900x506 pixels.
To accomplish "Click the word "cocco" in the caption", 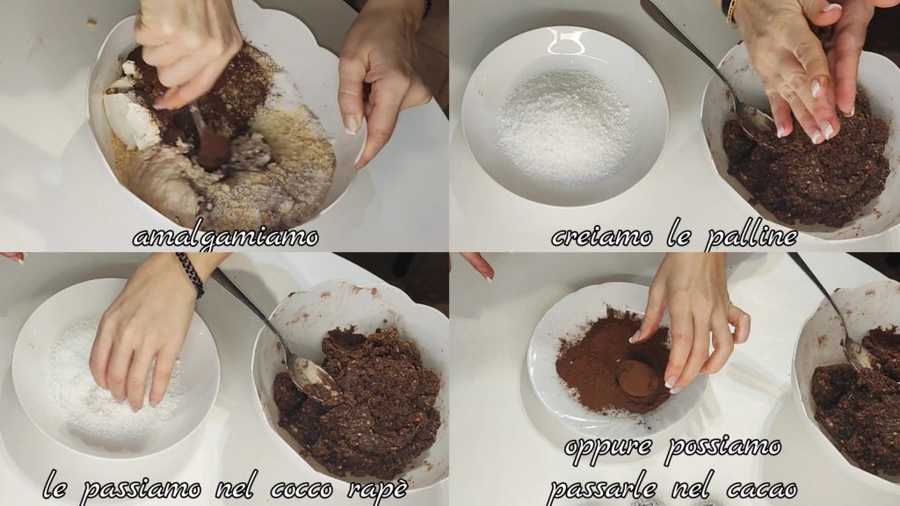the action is point(302,488).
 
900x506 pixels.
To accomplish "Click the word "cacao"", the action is point(762,488).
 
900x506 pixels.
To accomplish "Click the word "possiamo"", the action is point(723,447).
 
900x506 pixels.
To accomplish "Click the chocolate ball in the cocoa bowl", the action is point(637,378).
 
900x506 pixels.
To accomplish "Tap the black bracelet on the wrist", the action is point(191,274).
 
